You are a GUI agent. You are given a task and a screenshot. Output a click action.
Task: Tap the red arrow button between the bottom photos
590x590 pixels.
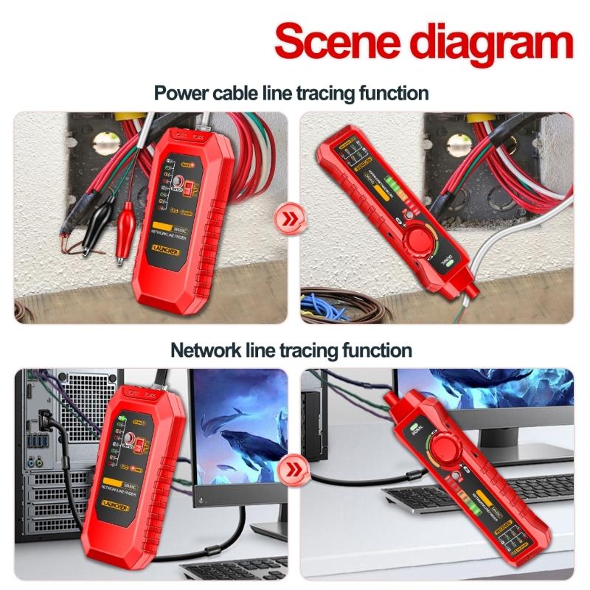294,469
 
